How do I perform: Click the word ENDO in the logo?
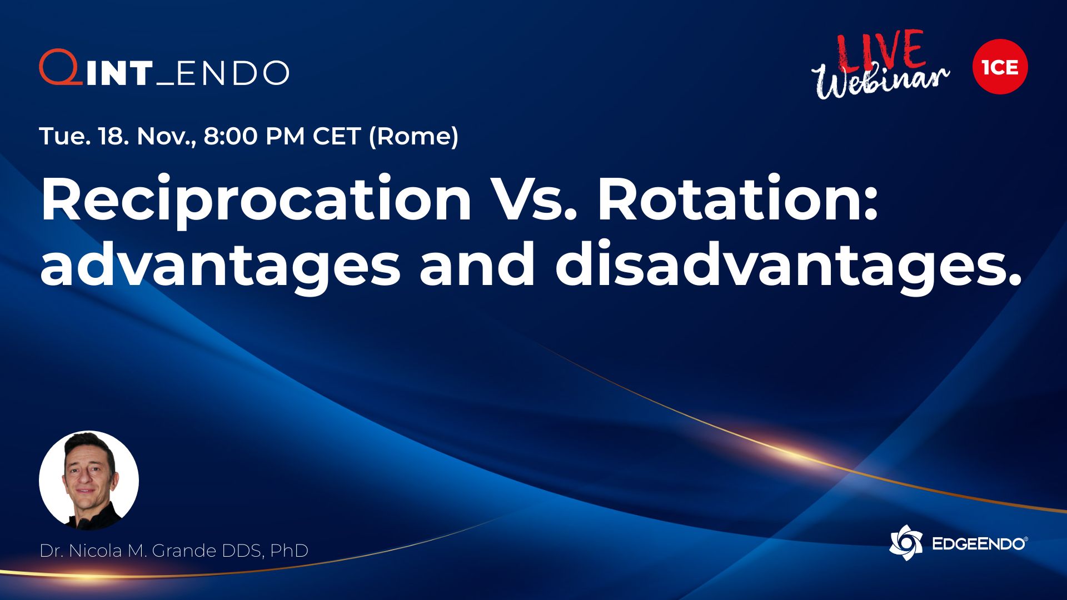[233, 73]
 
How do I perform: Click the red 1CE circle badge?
[1000, 67]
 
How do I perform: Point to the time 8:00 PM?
[255, 136]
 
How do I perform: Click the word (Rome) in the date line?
[414, 137]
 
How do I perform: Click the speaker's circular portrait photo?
[89, 481]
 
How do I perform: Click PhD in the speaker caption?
[289, 551]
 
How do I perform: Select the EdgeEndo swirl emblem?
[906, 543]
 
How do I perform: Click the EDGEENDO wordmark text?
[979, 544]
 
